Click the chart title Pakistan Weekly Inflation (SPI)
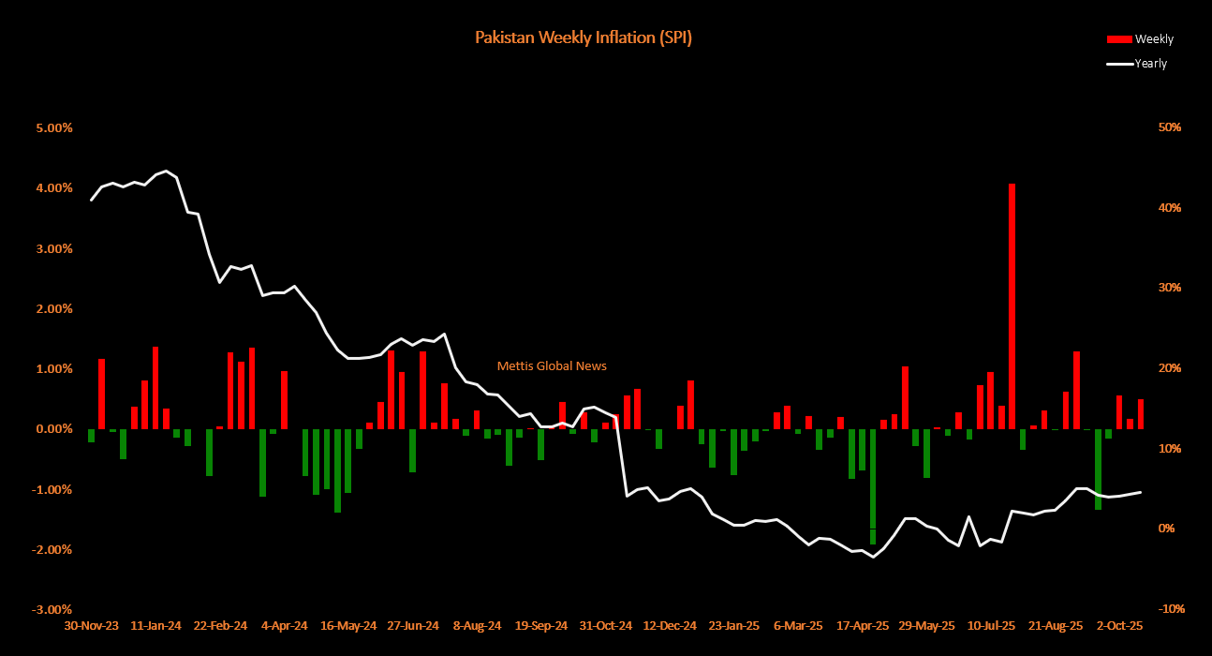coord(583,38)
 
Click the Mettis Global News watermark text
coord(552,365)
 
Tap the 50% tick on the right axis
coord(1171,127)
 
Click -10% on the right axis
coord(1171,609)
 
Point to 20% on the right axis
coord(1171,368)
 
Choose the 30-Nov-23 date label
coord(90,625)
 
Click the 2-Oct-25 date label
coord(1120,625)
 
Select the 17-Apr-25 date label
coord(862,625)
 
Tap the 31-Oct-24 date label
coord(604,625)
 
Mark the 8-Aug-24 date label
coord(476,625)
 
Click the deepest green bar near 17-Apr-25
coord(873,487)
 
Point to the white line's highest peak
coord(166,171)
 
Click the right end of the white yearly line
coord(1140,492)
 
